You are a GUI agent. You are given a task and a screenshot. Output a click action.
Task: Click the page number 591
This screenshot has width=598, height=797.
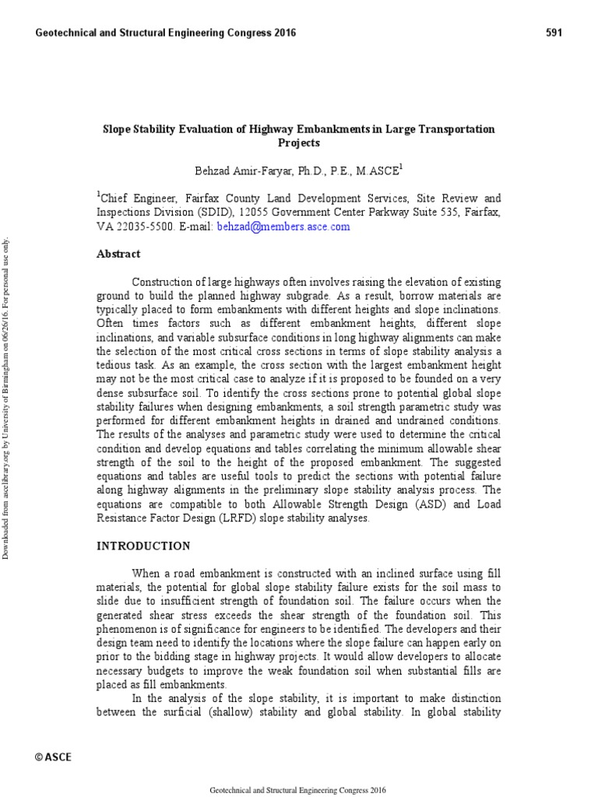(552, 33)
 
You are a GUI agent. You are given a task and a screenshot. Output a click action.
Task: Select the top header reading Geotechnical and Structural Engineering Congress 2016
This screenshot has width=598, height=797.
(166, 33)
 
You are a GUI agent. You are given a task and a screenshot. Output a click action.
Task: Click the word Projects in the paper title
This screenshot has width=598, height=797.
(299, 143)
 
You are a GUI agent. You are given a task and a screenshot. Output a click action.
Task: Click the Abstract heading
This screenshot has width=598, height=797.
(118, 254)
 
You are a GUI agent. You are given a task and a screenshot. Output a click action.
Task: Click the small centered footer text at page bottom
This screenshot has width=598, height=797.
(299, 789)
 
